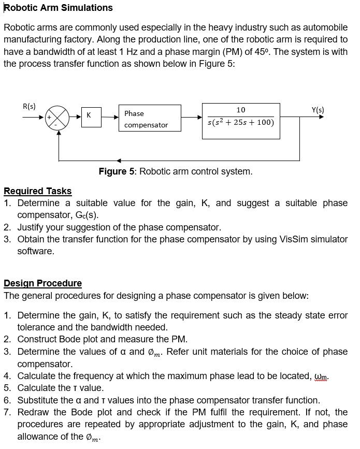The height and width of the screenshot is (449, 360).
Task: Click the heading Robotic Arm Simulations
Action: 58,8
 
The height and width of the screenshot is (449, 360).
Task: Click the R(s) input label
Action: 30,106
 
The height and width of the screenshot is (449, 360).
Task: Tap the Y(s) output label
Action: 318,110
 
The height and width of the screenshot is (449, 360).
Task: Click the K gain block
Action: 89,115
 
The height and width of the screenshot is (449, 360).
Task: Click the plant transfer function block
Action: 241,120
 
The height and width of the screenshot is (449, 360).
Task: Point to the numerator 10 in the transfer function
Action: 241,110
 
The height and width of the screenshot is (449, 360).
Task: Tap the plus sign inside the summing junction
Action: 51,118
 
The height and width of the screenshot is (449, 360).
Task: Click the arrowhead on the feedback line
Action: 119,160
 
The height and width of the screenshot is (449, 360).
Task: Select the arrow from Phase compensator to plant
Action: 191,117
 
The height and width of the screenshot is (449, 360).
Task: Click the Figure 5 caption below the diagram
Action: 176,171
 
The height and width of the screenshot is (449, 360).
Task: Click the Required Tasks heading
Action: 37,191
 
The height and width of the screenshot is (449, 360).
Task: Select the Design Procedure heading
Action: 42,283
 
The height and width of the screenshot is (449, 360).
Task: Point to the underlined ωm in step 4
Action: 321,376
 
